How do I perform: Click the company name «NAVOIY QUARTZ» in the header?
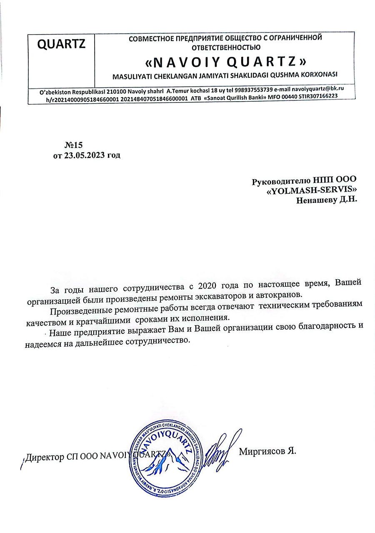pyautogui.click(x=225, y=62)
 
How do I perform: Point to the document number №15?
pyautogui.click(x=74, y=145)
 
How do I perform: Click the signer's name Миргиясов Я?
pyautogui.click(x=267, y=452)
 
